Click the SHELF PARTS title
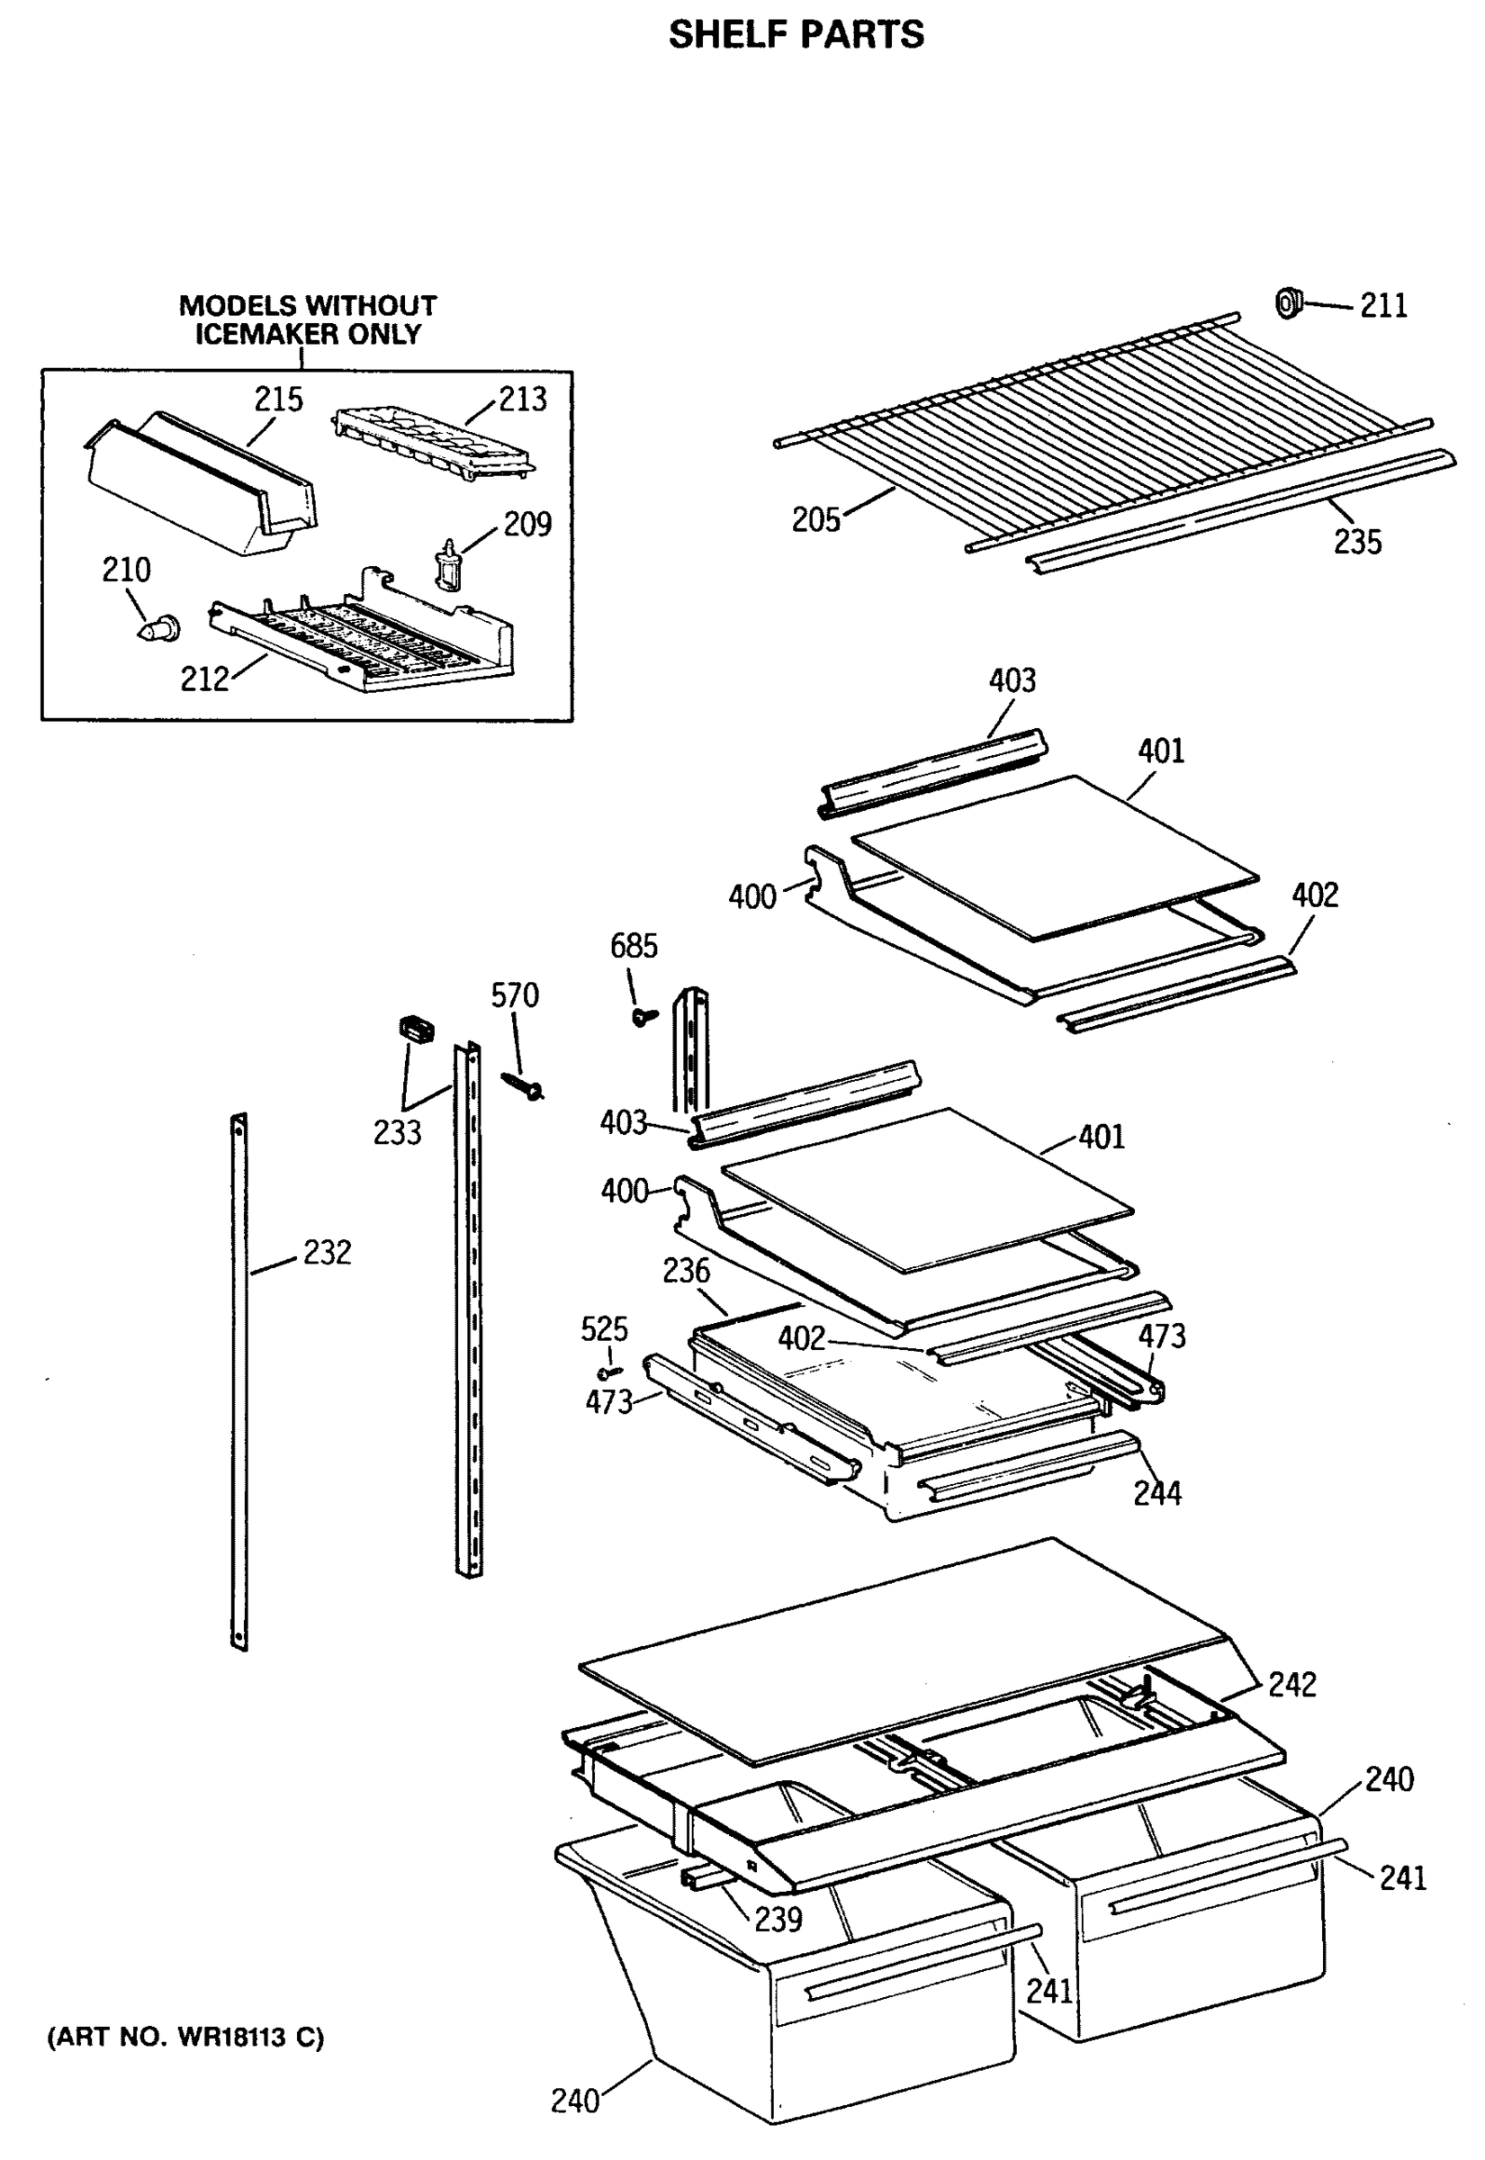pyautogui.click(x=796, y=35)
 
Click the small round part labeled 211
pyautogui.click(x=1289, y=302)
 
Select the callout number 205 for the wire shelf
pyautogui.click(x=815, y=520)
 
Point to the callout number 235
pyautogui.click(x=1356, y=543)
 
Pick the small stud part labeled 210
pyautogui.click(x=157, y=630)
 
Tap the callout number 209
pyautogui.click(x=527, y=525)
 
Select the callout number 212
pyautogui.click(x=203, y=680)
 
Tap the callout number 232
pyautogui.click(x=327, y=1253)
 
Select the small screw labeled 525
pyautogui.click(x=608, y=1372)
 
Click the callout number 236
pyautogui.click(x=686, y=1271)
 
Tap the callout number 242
pyautogui.click(x=1291, y=1685)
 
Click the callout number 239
pyautogui.click(x=778, y=1919)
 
